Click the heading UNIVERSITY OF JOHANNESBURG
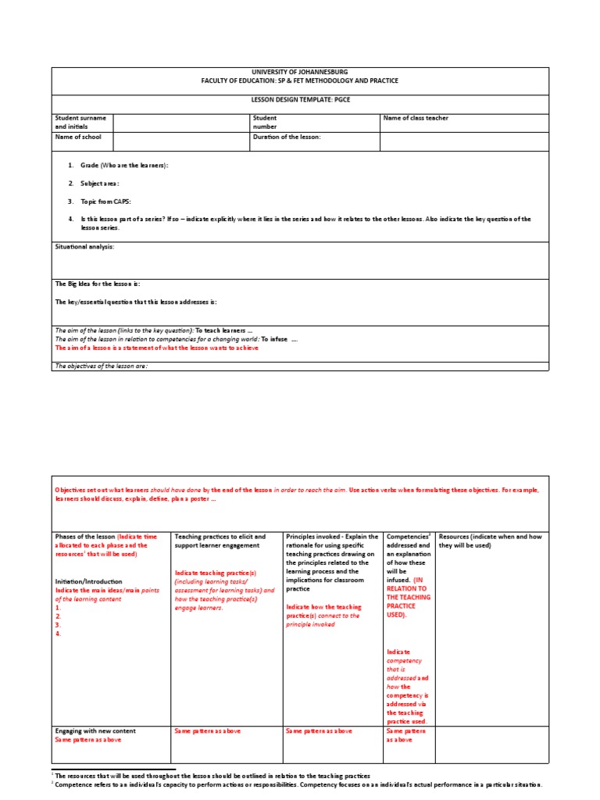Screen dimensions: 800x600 pyautogui.click(x=300, y=72)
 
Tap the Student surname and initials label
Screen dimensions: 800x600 pyautogui.click(x=82, y=122)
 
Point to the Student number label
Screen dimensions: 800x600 pyautogui.click(x=265, y=122)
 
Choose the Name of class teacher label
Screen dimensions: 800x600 pyautogui.click(x=416, y=118)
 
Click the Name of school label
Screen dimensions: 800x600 pyautogui.click(x=78, y=137)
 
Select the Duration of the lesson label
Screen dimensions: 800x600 pyautogui.click(x=287, y=137)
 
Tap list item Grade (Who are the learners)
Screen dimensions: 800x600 pyautogui.click(x=123, y=166)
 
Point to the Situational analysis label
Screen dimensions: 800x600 pyautogui.click(x=84, y=247)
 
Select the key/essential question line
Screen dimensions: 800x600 pyautogui.click(x=135, y=302)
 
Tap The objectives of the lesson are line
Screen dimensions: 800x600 pyautogui.click(x=101, y=366)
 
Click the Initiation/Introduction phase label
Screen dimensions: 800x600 pyautogui.click(x=89, y=582)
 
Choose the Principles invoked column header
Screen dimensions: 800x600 pyautogui.click(x=332, y=537)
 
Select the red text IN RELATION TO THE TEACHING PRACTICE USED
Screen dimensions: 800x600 pyautogui.click(x=407, y=598)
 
